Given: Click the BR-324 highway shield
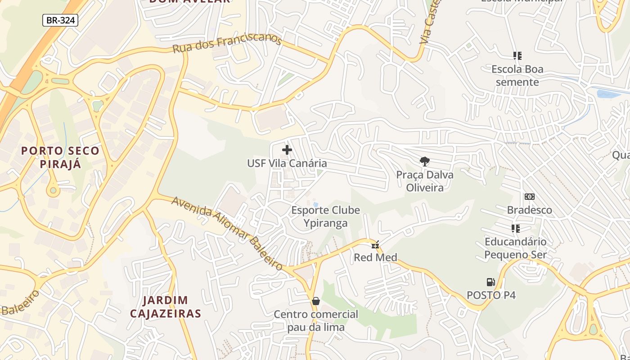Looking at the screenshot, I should click(60, 20).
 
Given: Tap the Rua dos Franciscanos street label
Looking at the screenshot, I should click(227, 44).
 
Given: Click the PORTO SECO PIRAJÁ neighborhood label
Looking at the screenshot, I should click(60, 157).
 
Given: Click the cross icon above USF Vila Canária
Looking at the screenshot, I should click(287, 150).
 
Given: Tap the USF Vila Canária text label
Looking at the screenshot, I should click(287, 163).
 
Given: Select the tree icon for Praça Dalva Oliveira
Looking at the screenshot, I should click(424, 161).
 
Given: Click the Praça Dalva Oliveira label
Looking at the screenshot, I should click(425, 181).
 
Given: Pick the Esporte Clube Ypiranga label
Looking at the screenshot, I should click(325, 216).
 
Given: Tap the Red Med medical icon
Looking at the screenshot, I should click(375, 245).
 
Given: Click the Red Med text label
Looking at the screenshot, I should click(375, 257).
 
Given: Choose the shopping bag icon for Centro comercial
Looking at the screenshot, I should click(316, 301).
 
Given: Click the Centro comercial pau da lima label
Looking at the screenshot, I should click(316, 320).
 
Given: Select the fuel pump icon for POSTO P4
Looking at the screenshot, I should click(490, 282).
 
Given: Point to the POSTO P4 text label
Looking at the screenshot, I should click(491, 295).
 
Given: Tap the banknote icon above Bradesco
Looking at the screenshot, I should click(530, 197).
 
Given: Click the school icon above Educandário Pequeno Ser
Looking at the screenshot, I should click(516, 229).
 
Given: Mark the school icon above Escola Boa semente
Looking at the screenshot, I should click(517, 56).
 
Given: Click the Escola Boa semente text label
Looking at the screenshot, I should click(517, 76).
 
